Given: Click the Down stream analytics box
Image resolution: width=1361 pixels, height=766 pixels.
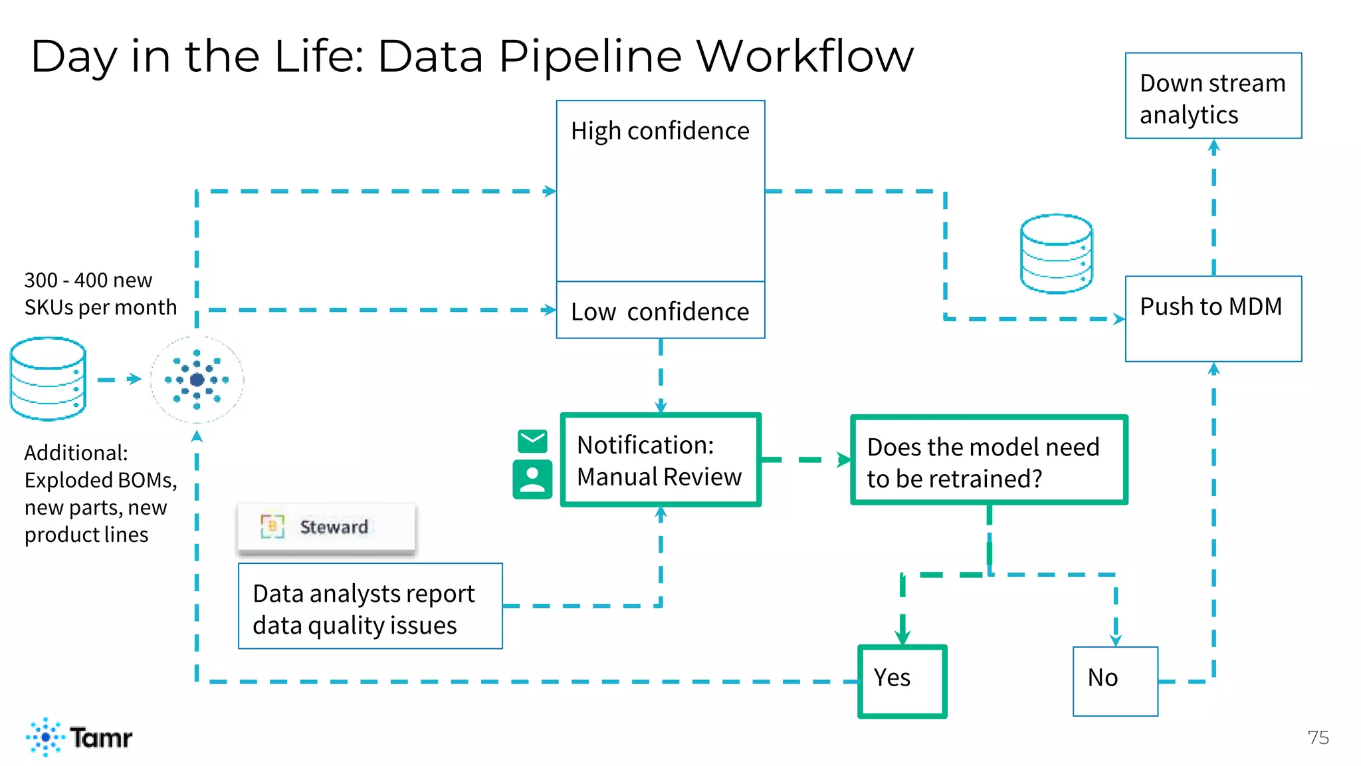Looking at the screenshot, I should pyautogui.click(x=1213, y=96).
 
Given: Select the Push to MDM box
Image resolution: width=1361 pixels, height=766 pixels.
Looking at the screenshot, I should pyautogui.click(x=1213, y=319).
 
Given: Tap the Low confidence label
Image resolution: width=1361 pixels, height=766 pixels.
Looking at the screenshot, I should pyautogui.click(x=660, y=311).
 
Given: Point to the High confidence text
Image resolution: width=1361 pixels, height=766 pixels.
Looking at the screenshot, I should pyautogui.click(x=660, y=131).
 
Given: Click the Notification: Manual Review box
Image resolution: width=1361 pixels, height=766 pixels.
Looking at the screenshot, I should pyautogui.click(x=660, y=460).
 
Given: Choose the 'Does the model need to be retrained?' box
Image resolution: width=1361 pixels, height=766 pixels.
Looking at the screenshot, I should pyautogui.click(x=989, y=460).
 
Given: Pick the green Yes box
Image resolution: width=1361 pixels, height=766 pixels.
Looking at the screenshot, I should pyautogui.click(x=902, y=681).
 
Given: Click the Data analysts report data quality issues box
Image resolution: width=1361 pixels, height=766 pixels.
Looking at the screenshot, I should pyautogui.click(x=370, y=606).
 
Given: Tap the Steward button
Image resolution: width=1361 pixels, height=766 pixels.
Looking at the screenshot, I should pyautogui.click(x=326, y=527).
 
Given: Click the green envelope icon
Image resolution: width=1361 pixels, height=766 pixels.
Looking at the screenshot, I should pyautogui.click(x=532, y=441).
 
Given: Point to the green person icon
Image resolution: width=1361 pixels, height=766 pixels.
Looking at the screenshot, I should pyautogui.click(x=532, y=479).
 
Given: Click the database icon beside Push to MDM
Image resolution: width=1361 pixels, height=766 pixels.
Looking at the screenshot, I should pyautogui.click(x=1056, y=253).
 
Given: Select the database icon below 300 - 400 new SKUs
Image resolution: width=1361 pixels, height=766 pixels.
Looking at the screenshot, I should pyautogui.click(x=48, y=378).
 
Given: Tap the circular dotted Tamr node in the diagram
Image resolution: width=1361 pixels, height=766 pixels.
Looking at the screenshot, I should pyautogui.click(x=197, y=380).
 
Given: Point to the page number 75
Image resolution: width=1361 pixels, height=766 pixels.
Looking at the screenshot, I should pyautogui.click(x=1318, y=737).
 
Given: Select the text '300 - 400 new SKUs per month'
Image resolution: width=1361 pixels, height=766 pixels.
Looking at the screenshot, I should pyautogui.click(x=100, y=293).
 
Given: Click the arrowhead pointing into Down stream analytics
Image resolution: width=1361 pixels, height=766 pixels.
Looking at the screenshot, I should pyautogui.click(x=1213, y=146).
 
